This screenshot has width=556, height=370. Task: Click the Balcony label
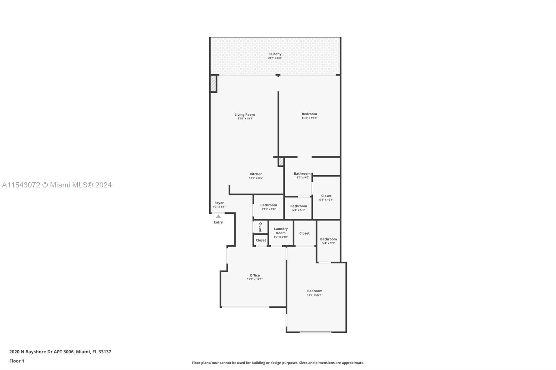point(275,54)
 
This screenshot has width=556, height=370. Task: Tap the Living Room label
point(245,115)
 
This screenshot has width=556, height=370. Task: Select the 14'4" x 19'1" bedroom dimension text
point(309,118)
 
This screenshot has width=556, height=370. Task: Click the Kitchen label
point(256,174)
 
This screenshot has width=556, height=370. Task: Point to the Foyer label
point(219,203)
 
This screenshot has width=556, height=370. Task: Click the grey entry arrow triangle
point(218,216)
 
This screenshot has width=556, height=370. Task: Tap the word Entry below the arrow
point(218,222)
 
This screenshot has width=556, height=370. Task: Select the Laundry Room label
point(281,231)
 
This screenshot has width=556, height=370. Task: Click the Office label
point(255,275)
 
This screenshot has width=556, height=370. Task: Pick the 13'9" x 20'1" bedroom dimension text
point(314,295)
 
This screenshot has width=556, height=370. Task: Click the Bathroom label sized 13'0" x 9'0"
point(302,174)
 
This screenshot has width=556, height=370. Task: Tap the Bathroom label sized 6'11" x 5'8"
point(269,205)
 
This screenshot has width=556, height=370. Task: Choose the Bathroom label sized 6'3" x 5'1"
point(299,206)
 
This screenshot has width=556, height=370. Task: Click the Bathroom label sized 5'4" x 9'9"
point(328,239)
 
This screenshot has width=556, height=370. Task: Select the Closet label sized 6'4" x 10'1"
point(326,196)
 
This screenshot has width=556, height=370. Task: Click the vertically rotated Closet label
point(260,227)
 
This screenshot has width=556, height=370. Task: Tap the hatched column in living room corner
point(213,84)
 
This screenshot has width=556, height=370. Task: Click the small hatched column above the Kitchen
point(281,161)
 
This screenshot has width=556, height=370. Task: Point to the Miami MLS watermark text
point(57,185)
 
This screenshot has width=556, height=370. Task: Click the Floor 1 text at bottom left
point(17,361)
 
